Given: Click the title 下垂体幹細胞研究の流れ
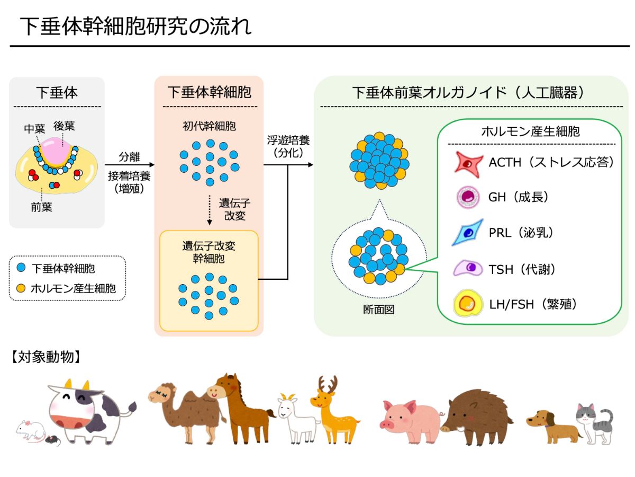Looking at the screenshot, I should click(135, 26).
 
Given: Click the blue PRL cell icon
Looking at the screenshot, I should click(468, 232).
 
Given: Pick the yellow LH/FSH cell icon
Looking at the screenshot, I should click(468, 304).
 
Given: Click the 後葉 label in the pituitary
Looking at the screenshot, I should click(63, 127).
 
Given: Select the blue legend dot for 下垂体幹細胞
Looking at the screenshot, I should click(21, 268).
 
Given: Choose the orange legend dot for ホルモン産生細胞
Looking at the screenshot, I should click(21, 288).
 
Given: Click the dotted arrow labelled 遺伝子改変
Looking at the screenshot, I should click(210, 209).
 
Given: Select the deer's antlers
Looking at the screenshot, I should click(328, 384).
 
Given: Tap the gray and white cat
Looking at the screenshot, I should click(593, 421).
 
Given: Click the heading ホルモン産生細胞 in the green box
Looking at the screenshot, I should click(530, 131).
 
